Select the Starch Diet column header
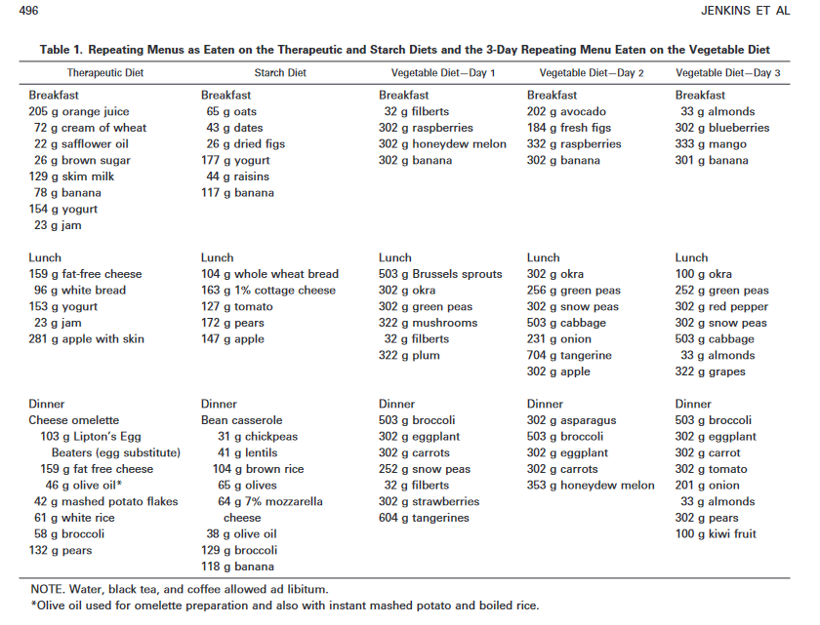[x=280, y=73]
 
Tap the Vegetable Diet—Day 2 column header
[x=592, y=73]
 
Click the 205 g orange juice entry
[x=79, y=112]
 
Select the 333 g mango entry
[x=711, y=144]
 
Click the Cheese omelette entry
[x=74, y=420]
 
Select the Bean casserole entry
[x=244, y=420]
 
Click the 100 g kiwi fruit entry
[x=716, y=534]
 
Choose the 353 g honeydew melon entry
[x=591, y=486]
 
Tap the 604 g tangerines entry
[x=424, y=518]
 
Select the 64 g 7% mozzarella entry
[x=272, y=501]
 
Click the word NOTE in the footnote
[x=48, y=589]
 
